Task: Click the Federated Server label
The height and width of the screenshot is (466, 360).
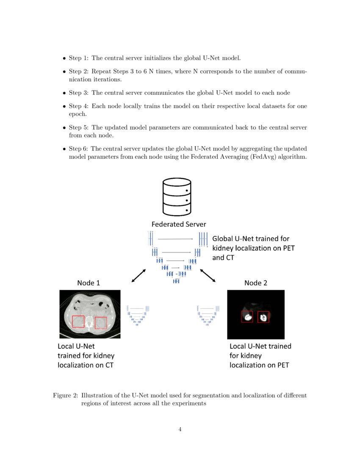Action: click(x=179, y=224)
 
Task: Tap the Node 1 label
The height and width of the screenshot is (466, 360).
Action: click(x=89, y=283)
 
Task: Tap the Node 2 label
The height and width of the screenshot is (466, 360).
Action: click(x=256, y=283)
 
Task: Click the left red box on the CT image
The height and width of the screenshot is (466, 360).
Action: click(x=78, y=322)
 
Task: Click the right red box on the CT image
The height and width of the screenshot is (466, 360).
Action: click(x=101, y=323)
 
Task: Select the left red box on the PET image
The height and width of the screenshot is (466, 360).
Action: click(x=247, y=317)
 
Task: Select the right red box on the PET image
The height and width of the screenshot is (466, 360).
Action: click(x=263, y=317)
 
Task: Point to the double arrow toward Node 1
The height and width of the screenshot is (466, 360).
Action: click(x=138, y=275)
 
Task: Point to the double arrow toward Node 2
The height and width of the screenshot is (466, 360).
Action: click(x=207, y=275)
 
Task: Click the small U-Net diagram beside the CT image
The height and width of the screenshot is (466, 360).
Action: click(x=138, y=316)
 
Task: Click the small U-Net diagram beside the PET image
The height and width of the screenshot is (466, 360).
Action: click(x=208, y=316)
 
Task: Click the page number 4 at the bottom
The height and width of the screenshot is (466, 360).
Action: click(x=180, y=430)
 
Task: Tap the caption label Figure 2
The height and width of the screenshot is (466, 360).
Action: click(x=65, y=395)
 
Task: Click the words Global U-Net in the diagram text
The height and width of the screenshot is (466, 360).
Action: click(x=234, y=239)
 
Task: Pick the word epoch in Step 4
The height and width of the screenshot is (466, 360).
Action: click(x=78, y=114)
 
